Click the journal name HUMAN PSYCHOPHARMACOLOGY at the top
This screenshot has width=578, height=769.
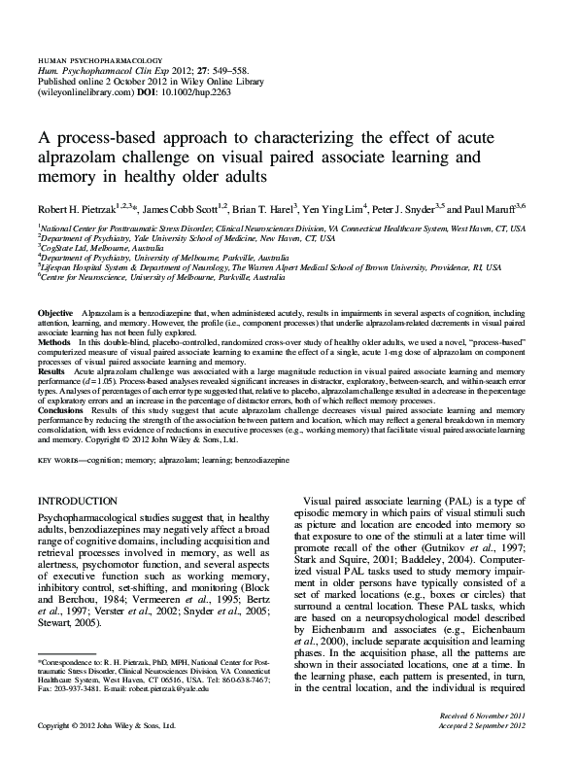tap(99, 61)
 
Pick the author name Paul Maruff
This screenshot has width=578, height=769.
tap(504, 209)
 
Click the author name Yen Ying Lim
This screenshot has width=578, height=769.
tap(326, 209)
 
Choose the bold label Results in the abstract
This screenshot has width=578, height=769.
tap(51, 370)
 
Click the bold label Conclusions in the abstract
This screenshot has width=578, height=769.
tap(59, 412)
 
